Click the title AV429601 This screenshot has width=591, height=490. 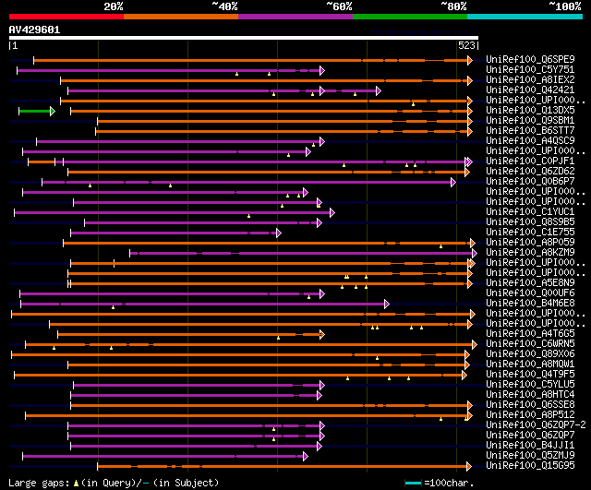pyautogui.click(x=34, y=30)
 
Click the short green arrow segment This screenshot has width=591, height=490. pyautogui.click(x=36, y=111)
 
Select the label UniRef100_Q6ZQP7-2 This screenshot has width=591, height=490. pyautogui.click(x=534, y=424)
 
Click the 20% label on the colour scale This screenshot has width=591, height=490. pyautogui.click(x=114, y=6)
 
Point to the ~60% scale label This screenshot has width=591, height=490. pyautogui.click(x=339, y=6)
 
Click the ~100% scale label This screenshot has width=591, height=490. pyautogui.click(x=564, y=6)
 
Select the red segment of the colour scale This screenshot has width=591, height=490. pyautogui.click(x=66, y=16)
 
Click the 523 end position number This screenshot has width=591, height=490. pyautogui.click(x=466, y=44)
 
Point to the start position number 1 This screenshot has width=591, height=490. pyautogui.click(x=14, y=44)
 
